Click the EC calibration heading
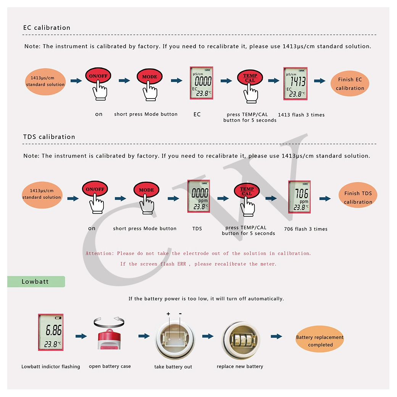click(47, 28)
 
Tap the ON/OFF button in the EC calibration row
click(98, 76)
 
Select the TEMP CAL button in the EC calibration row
click(250, 78)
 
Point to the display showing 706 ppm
click(299, 197)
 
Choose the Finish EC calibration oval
click(350, 84)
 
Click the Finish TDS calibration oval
click(358, 197)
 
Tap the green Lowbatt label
click(36, 282)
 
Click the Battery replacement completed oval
click(320, 341)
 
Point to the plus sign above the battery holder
click(168, 314)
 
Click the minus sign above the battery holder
click(180, 314)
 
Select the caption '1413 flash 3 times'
click(301, 115)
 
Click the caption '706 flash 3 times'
click(306, 229)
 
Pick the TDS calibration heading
click(49, 137)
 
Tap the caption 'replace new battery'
click(240, 366)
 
